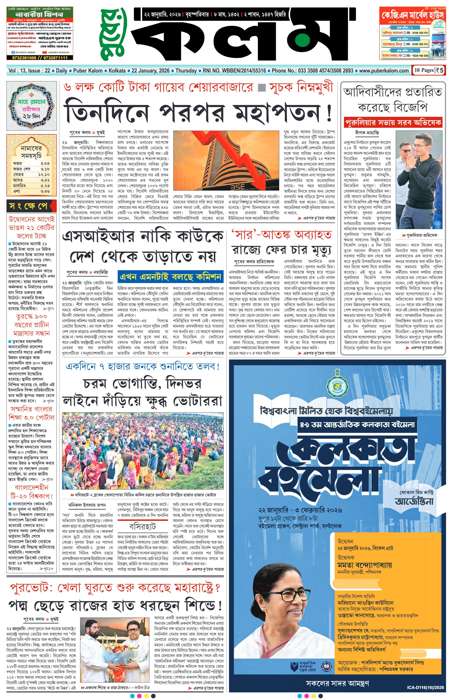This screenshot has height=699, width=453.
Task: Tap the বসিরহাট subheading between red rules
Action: pyautogui.click(x=143, y=526)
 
